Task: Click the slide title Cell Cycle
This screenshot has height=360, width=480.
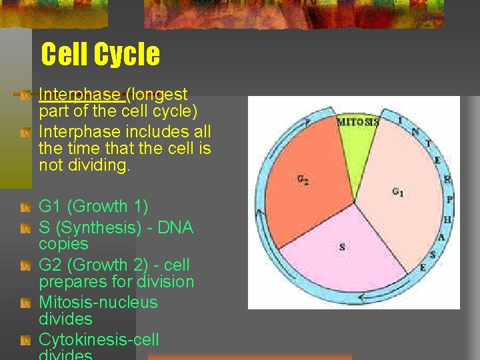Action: pos(100,54)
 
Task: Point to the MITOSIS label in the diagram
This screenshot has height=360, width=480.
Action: pos(357,122)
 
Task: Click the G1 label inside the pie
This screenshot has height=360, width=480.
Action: pos(397,193)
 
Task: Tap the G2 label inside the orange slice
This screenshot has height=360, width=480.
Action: pos(302,179)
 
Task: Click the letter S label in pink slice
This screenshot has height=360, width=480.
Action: pos(342,247)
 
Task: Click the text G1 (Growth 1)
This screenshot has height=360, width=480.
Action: pos(93,207)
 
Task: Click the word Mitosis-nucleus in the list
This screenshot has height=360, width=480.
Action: pos(98,302)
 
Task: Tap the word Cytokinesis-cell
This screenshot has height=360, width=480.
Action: pos(99,339)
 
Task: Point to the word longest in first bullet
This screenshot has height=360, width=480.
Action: pos(159,95)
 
